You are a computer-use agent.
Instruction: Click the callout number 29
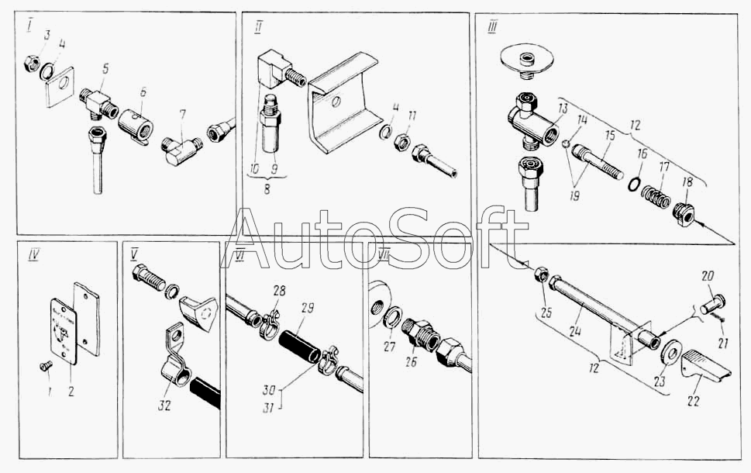tap(308, 308)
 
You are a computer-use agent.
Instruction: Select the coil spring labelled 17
tap(656, 196)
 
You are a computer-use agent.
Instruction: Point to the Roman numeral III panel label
tap(491, 27)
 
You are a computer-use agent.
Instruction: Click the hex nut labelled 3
tap(32, 63)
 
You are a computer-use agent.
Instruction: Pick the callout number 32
tap(166, 406)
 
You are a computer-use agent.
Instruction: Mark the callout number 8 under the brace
tap(267, 188)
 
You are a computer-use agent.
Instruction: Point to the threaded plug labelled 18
tap(683, 214)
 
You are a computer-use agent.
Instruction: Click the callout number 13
tap(563, 109)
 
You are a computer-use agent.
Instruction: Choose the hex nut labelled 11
tap(400, 142)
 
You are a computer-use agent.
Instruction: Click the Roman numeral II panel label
tap(258, 27)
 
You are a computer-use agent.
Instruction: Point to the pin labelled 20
tap(713, 303)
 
